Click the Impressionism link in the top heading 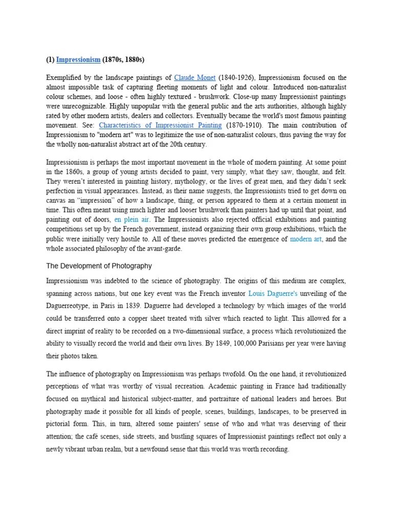click(x=78, y=60)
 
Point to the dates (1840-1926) click(x=236, y=78)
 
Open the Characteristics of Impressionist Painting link click(x=160, y=125)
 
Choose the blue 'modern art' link click(x=305, y=239)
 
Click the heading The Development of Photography click(x=99, y=266)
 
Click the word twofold click(x=224, y=374)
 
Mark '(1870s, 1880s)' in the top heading click(x=123, y=60)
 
